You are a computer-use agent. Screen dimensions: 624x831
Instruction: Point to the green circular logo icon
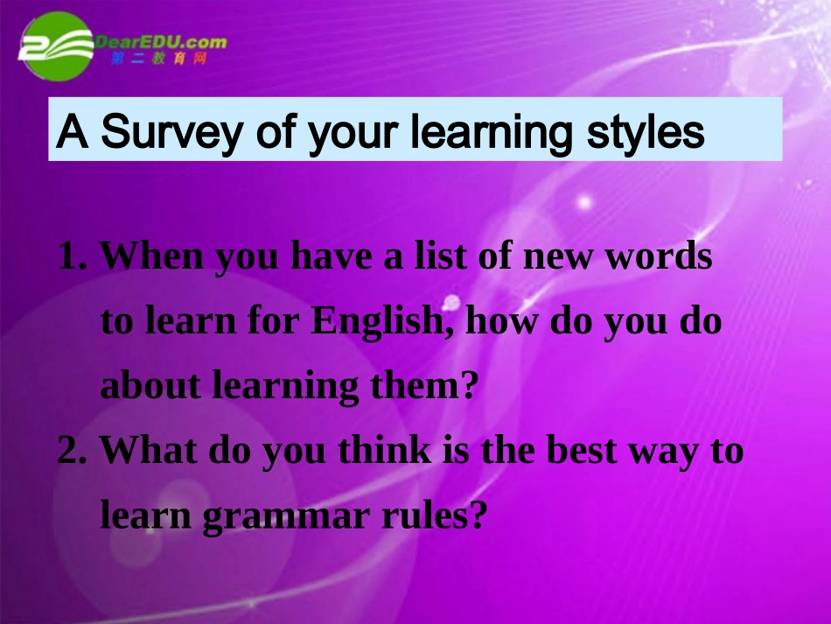58,46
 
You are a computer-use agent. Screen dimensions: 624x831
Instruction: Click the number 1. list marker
74,257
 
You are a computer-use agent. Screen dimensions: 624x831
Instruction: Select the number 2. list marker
74,452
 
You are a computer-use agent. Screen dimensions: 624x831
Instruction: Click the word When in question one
150,257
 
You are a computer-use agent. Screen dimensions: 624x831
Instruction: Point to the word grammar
276,516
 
